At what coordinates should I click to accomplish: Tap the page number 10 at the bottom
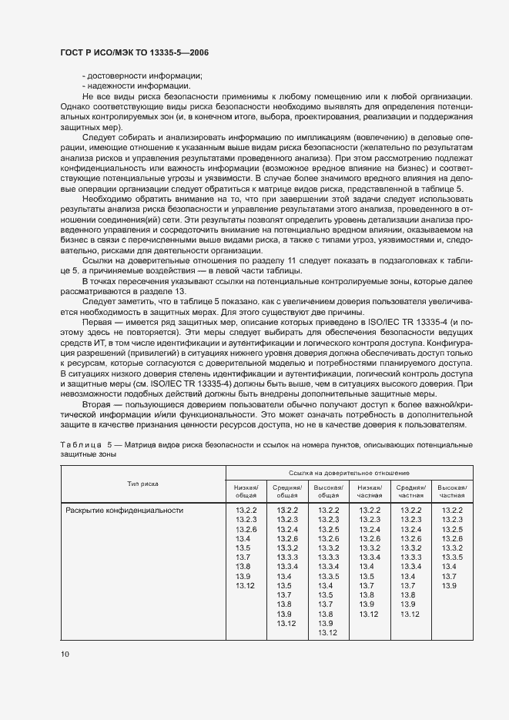point(65,654)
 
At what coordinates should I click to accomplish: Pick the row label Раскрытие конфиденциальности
point(124,510)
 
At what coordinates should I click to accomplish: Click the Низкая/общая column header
point(246,491)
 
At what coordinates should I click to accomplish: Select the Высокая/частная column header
point(453,491)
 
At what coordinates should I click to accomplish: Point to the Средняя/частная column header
point(411,491)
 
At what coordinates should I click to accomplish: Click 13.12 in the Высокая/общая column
point(328,632)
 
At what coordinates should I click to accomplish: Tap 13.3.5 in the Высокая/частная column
point(453,556)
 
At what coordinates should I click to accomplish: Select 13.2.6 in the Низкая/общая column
point(246,529)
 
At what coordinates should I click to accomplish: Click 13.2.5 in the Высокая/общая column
point(328,529)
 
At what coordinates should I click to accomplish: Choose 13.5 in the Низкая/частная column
point(370,576)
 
